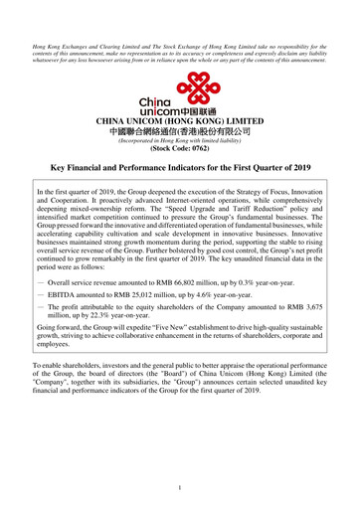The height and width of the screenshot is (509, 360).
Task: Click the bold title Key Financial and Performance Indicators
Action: tap(180, 172)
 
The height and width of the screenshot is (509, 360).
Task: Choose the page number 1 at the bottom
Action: tap(179, 487)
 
